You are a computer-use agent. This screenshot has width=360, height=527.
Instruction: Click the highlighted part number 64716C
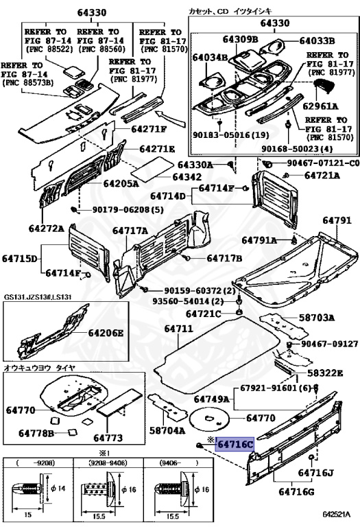tap(235, 444)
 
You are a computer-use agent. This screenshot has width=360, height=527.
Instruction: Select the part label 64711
tap(178, 329)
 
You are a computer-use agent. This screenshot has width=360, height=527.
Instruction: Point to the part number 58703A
tap(316, 318)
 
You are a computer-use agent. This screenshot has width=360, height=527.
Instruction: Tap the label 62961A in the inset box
tap(322, 106)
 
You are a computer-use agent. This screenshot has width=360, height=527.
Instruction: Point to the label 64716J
tap(315, 473)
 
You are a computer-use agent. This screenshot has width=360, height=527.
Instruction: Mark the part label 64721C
tap(206, 314)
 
